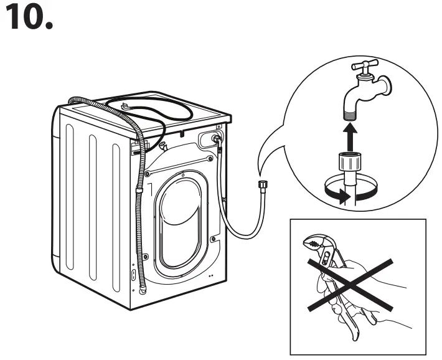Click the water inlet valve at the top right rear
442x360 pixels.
click(x=217, y=139)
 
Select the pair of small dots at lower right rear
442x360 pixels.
click(x=211, y=275)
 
